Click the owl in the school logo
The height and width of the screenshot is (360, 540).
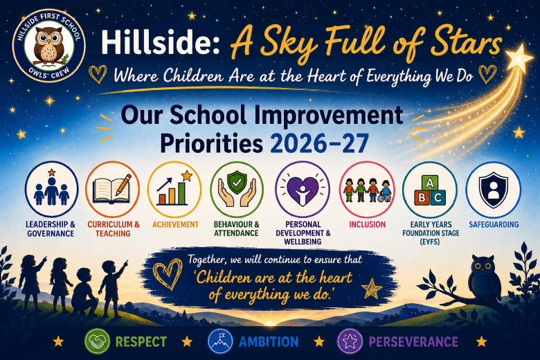49,45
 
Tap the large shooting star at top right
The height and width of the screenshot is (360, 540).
519,58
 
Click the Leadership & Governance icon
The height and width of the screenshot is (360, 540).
52,189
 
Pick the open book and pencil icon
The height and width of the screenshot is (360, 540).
113,189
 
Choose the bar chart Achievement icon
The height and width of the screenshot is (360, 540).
174,189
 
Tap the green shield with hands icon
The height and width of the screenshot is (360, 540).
237,189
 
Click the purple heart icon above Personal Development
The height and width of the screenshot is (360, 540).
303,189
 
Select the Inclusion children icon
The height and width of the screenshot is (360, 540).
367,189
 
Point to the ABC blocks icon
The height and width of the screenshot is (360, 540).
430,189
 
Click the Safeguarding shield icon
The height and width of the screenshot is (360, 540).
494,189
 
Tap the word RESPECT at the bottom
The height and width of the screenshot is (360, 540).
141,342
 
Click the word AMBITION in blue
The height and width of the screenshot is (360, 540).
269,342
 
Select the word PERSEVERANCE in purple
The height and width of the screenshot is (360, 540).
413,342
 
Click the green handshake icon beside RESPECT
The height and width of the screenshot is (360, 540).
98,341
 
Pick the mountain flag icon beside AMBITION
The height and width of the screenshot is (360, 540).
220,341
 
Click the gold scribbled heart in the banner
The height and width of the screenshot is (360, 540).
168,274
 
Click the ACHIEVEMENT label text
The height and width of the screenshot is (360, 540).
176,224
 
